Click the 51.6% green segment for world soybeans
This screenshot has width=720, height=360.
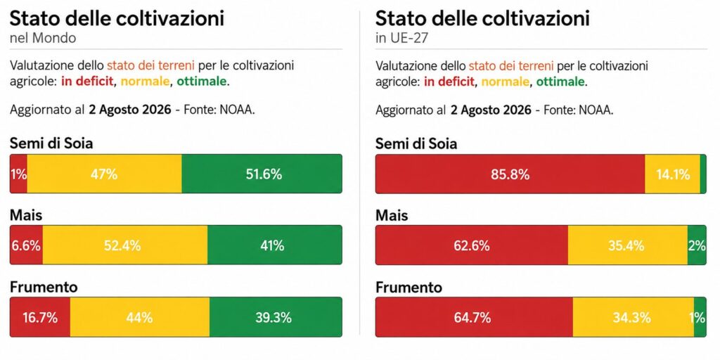point(262,174)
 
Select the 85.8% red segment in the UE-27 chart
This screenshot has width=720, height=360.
point(510,174)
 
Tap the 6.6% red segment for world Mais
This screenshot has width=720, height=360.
point(26,245)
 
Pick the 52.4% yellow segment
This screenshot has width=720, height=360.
point(125,245)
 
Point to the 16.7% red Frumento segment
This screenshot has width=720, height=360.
point(40,317)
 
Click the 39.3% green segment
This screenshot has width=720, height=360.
point(276,317)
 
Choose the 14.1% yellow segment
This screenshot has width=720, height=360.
point(672,174)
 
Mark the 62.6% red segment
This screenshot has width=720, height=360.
point(472,245)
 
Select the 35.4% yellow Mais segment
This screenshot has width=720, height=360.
point(628,245)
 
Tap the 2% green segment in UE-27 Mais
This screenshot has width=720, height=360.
point(697,245)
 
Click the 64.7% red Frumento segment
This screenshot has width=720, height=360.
point(475,317)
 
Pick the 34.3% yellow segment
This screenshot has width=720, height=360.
point(634,317)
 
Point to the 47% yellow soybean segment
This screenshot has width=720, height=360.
point(104,174)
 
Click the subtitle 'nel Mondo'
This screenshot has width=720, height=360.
point(43,38)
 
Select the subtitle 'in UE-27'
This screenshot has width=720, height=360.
point(401,38)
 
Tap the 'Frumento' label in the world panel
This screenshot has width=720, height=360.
point(44,287)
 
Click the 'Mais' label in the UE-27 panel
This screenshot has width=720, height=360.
point(392,215)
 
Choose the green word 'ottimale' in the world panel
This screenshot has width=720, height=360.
point(202,82)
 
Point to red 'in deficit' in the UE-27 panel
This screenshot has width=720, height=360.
point(449,82)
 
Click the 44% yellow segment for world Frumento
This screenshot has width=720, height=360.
point(140,317)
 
